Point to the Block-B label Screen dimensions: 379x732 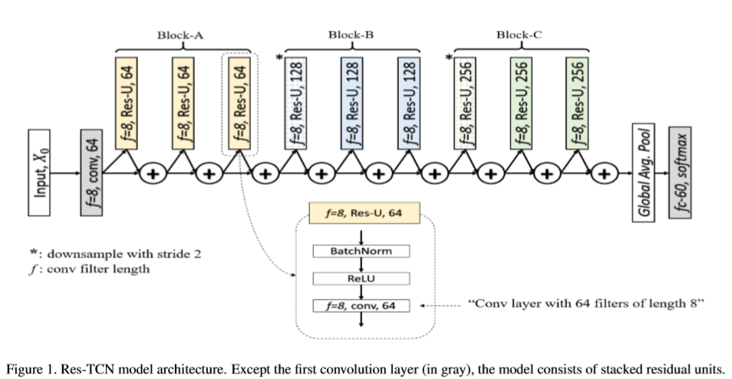click(x=351, y=34)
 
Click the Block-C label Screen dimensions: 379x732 click(x=519, y=34)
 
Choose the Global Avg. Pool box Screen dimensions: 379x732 click(x=644, y=173)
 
